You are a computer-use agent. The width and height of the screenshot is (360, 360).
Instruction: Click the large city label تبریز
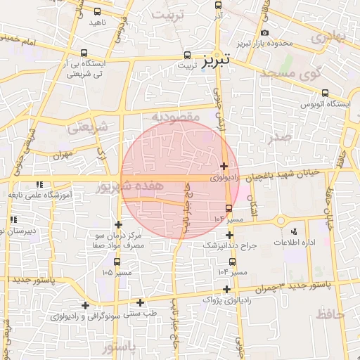coord(216,60)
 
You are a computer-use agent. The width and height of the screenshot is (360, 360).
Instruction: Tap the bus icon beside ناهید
coord(96,12)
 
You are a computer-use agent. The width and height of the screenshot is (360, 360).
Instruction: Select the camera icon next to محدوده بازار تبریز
coord(264,33)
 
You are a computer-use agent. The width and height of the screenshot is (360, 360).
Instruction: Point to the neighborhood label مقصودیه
coord(176,115)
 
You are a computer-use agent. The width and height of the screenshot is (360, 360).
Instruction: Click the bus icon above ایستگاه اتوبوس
coord(325,93)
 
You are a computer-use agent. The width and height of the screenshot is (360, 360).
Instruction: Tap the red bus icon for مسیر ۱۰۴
coord(229,208)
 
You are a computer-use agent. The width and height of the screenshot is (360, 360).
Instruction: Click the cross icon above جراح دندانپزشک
coord(229,236)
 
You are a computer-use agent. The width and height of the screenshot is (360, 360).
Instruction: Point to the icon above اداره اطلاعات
coord(294,231)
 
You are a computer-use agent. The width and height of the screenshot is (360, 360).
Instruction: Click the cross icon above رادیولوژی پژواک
coord(226,289)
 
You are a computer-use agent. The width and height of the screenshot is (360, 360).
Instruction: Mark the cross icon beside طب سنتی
coord(140,302)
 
